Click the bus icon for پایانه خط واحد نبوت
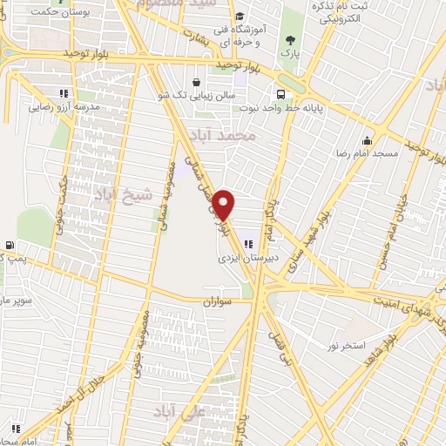pyautogui.click(x=280, y=94)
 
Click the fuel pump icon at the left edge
pyautogui.click(x=9, y=246)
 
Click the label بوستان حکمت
pyautogui.click(x=61, y=14)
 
